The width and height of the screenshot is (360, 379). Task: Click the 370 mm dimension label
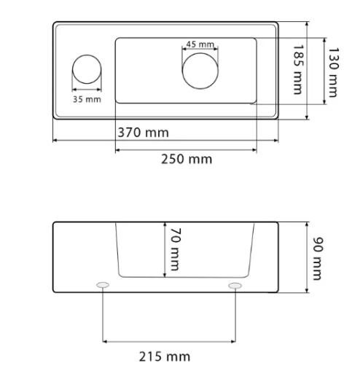tap(143, 133)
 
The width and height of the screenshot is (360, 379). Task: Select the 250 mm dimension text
tap(187, 160)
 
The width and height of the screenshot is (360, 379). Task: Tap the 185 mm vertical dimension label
tap(298, 69)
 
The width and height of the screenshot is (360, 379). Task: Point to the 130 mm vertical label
tap(333, 72)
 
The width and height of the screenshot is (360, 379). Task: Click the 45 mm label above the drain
tap(200, 44)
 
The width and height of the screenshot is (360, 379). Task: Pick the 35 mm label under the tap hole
tap(87, 99)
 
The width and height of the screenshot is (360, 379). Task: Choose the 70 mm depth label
tap(176, 249)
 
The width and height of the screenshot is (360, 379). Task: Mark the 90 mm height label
tap(318, 259)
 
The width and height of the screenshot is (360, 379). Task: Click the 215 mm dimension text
tap(165, 356)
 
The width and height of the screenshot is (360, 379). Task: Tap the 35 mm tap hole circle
tap(87, 55)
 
